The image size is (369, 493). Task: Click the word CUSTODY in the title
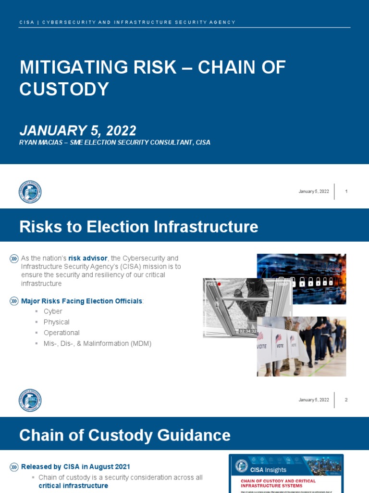64,89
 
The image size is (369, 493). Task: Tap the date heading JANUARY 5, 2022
78,130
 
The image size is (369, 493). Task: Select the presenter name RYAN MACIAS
41,142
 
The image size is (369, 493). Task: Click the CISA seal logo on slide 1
30,192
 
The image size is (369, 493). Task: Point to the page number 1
346,192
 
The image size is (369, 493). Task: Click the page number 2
346,400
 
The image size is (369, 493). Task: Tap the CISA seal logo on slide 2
30,400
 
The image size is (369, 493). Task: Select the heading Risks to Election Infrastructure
138,226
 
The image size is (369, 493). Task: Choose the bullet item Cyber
53,311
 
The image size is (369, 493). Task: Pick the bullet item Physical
56,322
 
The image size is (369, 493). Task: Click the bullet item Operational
61,333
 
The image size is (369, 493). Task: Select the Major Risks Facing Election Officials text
82,301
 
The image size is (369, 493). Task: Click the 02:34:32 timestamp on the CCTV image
248,331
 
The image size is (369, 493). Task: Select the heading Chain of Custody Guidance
124,435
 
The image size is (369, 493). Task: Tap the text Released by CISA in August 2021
75,467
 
